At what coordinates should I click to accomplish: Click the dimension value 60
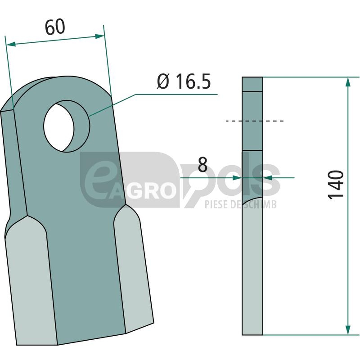pos(55,27)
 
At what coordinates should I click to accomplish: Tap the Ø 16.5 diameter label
pos(184,81)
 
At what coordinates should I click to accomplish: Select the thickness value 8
pos(202,165)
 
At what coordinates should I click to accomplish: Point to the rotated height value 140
pos(336,185)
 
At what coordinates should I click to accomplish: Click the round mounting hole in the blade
pos(59,127)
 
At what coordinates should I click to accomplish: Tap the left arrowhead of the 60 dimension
pos(11,44)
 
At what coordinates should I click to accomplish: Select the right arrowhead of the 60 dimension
pos(99,36)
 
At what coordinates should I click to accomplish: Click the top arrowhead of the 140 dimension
pos(348,82)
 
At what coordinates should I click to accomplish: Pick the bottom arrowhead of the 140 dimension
pos(348,330)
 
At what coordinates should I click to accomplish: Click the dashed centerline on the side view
pos(255,121)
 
